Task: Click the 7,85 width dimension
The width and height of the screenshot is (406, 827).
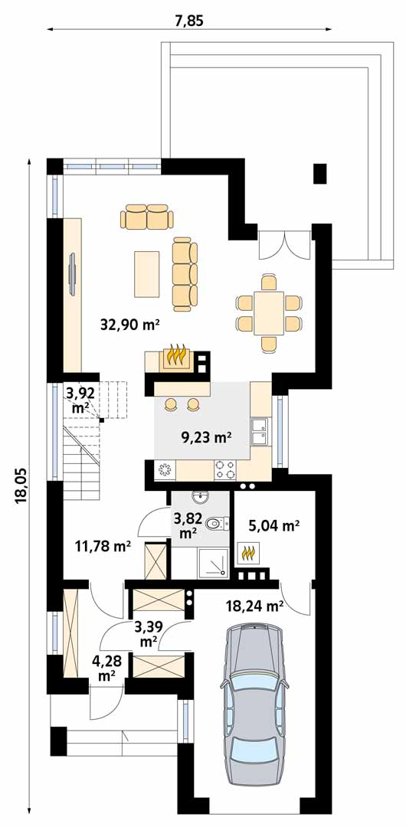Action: [x=189, y=21]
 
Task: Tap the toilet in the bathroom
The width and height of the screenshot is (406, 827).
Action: [x=217, y=523]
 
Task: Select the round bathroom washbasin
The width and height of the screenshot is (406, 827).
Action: [x=200, y=497]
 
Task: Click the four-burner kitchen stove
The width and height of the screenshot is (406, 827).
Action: [x=225, y=469]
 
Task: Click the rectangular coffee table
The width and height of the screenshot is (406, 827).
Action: [x=147, y=273]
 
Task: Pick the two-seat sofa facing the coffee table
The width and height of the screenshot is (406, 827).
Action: [x=147, y=217]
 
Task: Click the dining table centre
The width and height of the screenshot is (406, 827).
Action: [x=269, y=313]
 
